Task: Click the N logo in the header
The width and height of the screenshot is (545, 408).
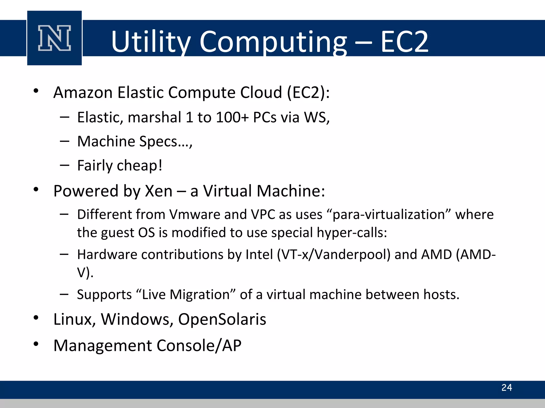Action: coord(55,38)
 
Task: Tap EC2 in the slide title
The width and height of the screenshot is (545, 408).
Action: coord(404,42)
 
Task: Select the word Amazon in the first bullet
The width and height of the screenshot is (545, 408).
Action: coord(83,93)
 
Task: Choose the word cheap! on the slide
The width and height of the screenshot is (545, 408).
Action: coord(140,165)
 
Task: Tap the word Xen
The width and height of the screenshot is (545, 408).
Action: coord(159,191)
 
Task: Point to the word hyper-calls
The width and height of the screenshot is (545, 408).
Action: coord(352,233)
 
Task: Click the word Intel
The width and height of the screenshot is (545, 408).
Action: coord(259,254)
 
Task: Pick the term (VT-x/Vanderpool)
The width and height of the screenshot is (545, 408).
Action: coord(334,254)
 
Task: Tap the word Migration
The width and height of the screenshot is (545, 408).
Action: coord(200,295)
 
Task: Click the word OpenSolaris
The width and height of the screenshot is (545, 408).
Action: coord(222,319)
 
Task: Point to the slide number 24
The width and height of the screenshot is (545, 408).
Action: coord(507,388)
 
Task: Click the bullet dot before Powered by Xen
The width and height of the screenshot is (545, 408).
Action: coord(36,189)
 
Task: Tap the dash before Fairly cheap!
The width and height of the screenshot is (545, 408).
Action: coord(65,165)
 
